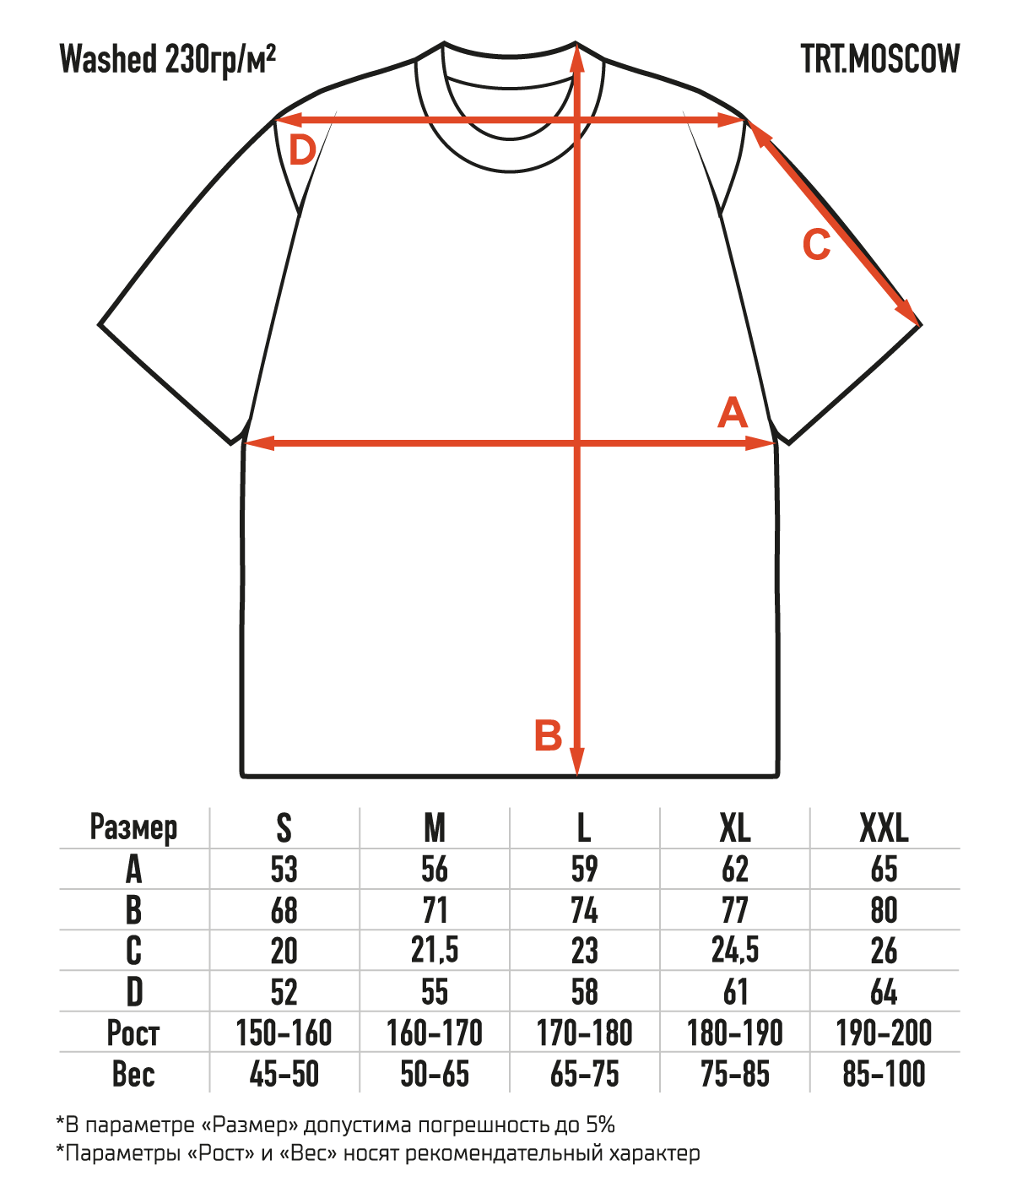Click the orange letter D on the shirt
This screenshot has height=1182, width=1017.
tap(302, 152)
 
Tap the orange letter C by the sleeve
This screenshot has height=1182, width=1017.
tap(816, 246)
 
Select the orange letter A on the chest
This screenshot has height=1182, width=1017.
tap(732, 415)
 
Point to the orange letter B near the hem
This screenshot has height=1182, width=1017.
tap(548, 735)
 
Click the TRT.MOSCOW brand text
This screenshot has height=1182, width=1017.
tap(879, 59)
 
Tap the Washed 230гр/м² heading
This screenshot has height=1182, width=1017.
tap(169, 60)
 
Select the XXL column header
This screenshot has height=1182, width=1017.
tap(884, 828)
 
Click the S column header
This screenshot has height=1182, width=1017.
tap(284, 828)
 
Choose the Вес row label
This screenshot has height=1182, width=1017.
tap(133, 1074)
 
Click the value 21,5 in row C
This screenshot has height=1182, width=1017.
tap(435, 951)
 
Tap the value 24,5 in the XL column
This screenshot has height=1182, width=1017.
tap(735, 951)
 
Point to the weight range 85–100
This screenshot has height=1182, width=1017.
tap(884, 1074)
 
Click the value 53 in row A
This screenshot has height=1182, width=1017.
tap(284, 870)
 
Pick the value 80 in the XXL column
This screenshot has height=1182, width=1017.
tap(884, 910)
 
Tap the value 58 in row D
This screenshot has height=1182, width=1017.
tap(585, 992)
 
